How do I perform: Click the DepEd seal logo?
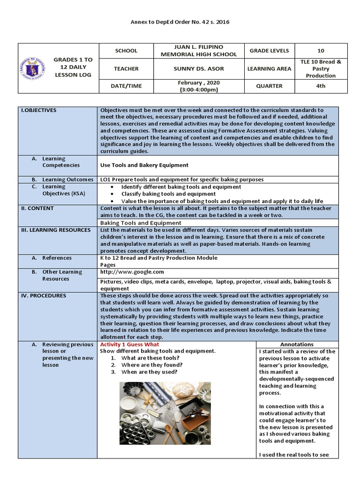[x=32, y=68]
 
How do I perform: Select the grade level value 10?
[x=321, y=51]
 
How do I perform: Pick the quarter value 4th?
[x=321, y=86]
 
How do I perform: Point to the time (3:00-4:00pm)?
[x=199, y=89]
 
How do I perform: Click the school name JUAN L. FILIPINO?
[x=199, y=47]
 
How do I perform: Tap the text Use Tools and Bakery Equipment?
[x=144, y=165]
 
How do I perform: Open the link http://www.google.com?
[x=132, y=272]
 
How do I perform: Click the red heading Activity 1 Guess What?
[x=129, y=344]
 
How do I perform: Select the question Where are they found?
[x=152, y=365]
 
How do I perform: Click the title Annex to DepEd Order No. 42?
[x=180, y=22]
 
